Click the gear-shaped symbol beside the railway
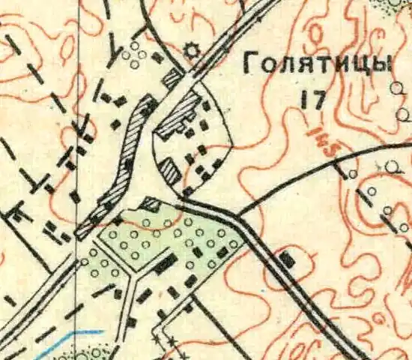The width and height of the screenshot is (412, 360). (192, 51)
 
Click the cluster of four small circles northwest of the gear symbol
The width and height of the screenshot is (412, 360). (134, 54)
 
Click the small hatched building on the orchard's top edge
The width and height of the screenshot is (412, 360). (151, 203)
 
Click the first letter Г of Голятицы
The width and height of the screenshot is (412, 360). (250, 66)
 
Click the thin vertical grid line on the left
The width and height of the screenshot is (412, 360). (77, 112)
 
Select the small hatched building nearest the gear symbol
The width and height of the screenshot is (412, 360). (172, 76)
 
